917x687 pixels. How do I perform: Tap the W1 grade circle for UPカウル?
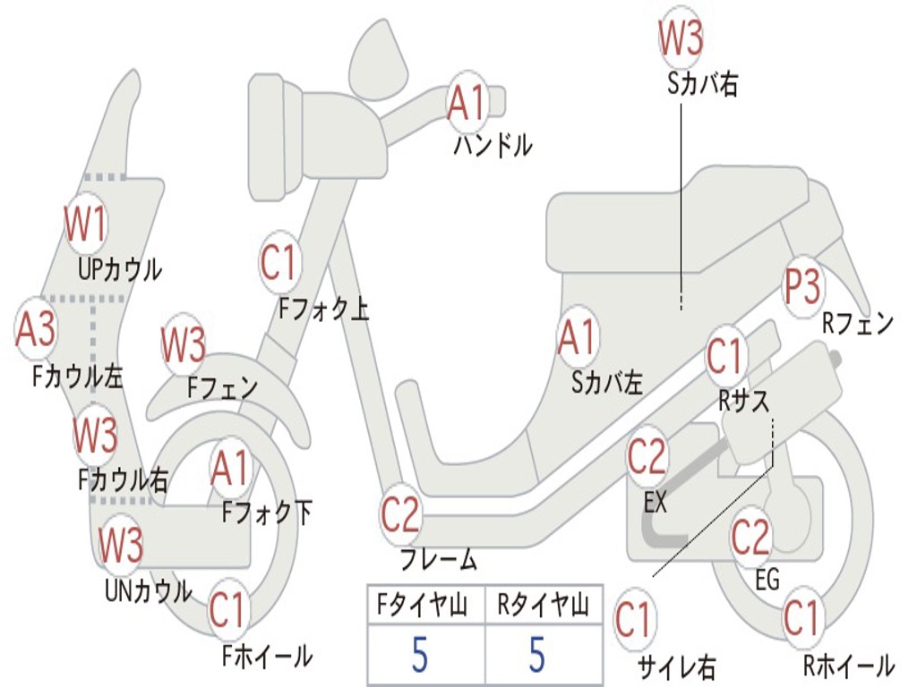tap(86, 225)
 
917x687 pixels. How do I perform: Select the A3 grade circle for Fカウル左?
tap(36, 328)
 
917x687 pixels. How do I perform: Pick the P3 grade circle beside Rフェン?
tap(802, 287)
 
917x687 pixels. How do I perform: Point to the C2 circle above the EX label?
tap(647, 457)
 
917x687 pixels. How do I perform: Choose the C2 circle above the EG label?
tap(750, 537)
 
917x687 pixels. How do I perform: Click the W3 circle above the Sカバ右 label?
tap(681, 38)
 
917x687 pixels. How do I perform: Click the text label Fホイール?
tap(267, 657)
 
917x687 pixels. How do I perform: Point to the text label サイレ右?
tap(676, 666)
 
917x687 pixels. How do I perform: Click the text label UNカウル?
tap(149, 590)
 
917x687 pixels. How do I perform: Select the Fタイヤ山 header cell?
tap(424, 606)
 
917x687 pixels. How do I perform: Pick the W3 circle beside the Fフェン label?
tap(184, 344)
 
